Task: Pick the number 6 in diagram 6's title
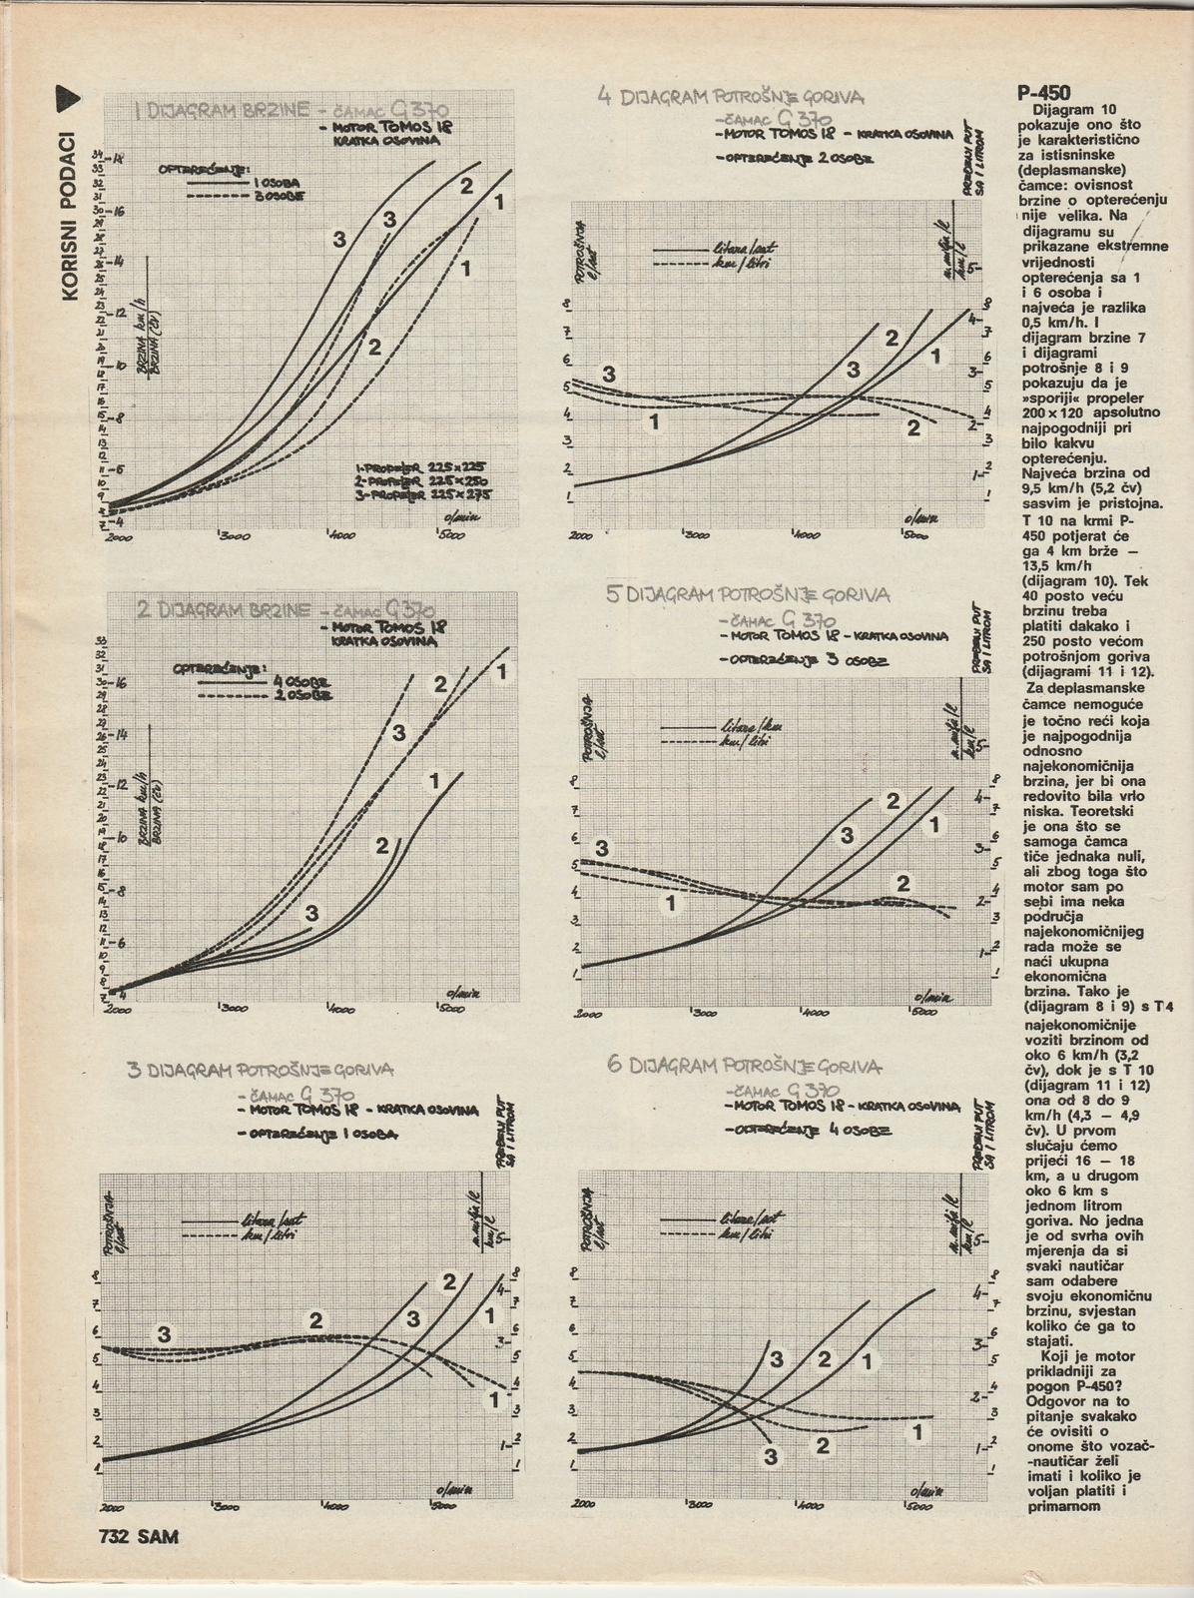pos(614,1065)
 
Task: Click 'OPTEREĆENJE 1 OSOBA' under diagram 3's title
pos(319,1135)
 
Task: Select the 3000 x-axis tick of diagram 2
pos(234,1009)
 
